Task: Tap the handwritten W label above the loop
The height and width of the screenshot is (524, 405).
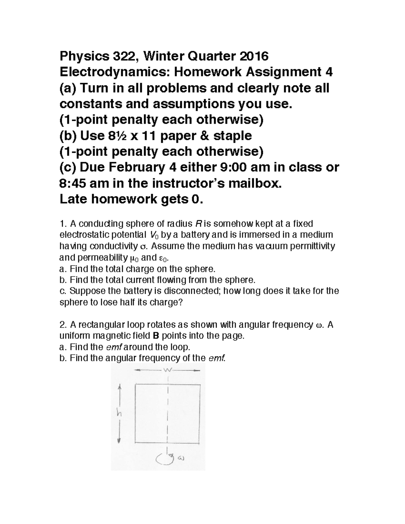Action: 168,370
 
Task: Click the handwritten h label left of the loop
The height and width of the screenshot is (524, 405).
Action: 119,414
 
